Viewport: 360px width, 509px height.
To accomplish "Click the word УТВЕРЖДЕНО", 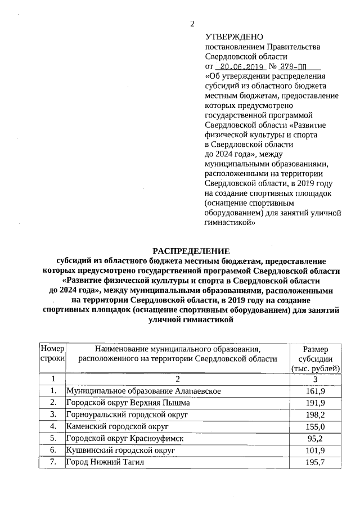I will (231, 37).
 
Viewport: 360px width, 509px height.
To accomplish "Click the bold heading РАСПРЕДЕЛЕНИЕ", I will (191, 251).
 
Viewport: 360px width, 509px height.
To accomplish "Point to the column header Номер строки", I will (52, 354).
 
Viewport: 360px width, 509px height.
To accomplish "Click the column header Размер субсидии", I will (315, 359).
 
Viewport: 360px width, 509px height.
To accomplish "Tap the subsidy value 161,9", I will (315, 391).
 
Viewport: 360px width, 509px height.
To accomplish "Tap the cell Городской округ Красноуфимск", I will (124, 438).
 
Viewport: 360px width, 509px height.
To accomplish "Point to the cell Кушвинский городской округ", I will (121, 451).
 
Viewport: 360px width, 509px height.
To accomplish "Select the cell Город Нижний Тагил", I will (105, 462).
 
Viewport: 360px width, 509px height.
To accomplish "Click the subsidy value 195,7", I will (315, 462).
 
